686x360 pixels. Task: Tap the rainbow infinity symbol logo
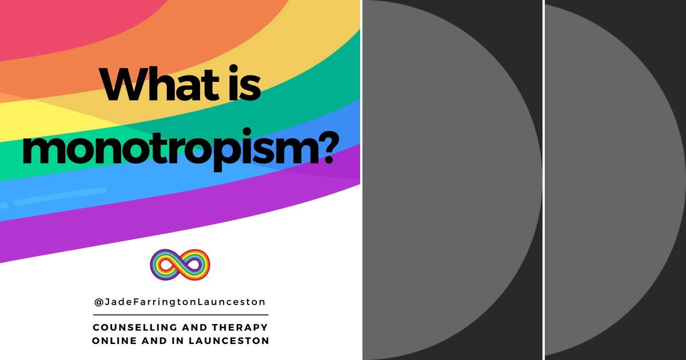180,265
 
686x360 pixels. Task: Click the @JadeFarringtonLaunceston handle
180,302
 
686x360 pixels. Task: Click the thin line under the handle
180,314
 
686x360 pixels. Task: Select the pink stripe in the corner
23,17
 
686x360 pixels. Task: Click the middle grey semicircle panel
446,180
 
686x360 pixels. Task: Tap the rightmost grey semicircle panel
612,180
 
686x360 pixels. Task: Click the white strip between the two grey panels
544,180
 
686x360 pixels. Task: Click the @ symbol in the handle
98,302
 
